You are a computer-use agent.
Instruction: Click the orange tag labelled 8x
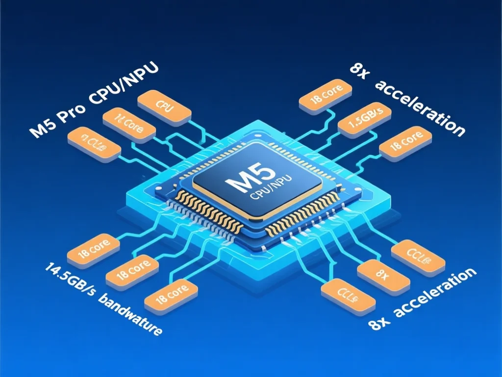point(383,275)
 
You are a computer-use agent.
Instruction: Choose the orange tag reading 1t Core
point(129,125)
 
